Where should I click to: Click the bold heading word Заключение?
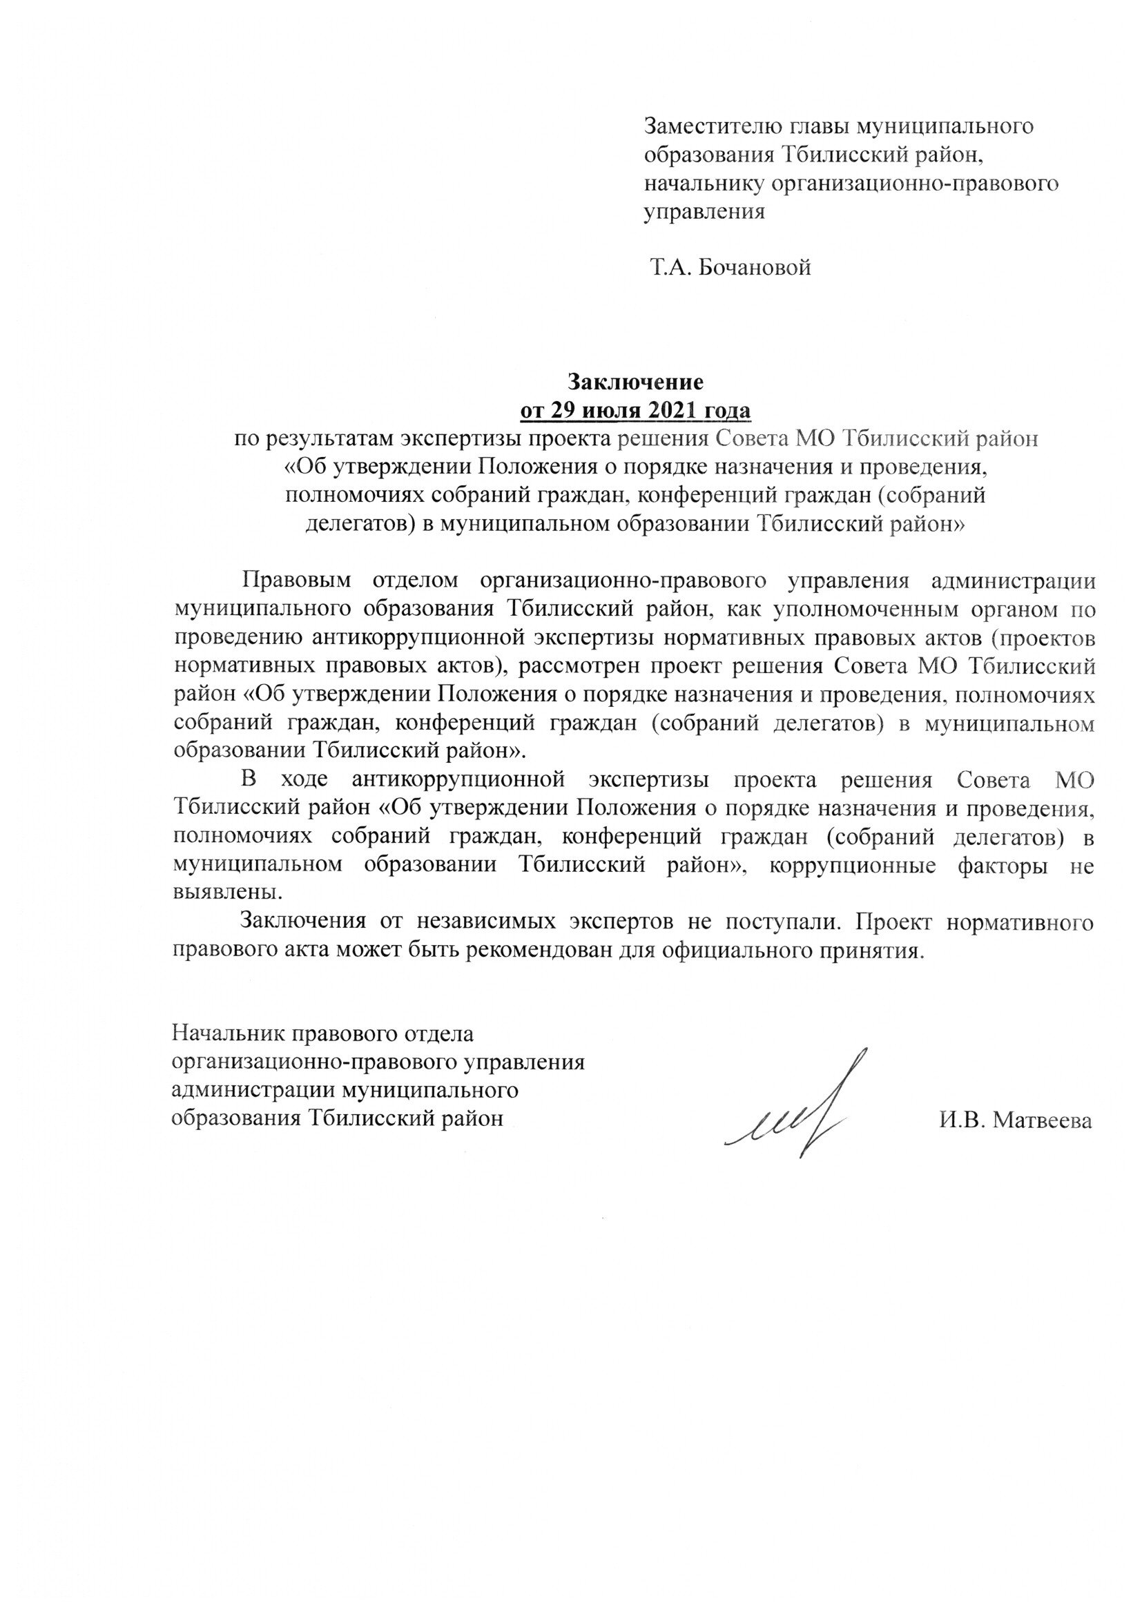(x=636, y=382)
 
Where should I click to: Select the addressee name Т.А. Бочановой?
(x=730, y=268)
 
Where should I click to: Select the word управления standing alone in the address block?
(x=705, y=212)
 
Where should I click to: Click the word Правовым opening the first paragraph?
(x=296, y=581)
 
